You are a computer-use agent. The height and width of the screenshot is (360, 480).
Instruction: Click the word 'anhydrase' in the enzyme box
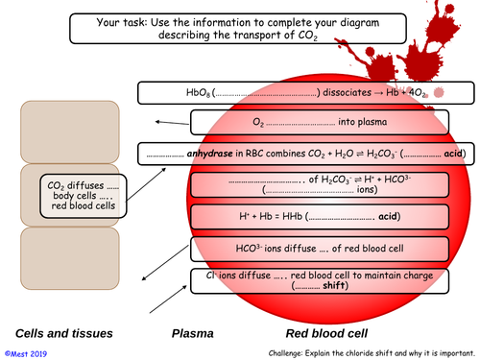tap(209, 154)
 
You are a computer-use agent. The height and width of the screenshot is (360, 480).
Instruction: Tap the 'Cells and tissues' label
tap(64, 333)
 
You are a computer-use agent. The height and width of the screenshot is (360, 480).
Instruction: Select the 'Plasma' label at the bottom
tap(193, 333)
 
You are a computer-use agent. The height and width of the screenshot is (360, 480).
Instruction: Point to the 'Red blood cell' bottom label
tap(326, 333)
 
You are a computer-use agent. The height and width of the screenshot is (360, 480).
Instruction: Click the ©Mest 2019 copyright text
tap(26, 354)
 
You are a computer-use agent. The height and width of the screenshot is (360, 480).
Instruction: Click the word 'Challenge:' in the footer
tap(285, 353)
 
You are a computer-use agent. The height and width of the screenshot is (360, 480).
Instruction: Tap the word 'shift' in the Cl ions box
tap(334, 285)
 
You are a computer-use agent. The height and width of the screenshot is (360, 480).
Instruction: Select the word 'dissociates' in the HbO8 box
tap(347, 92)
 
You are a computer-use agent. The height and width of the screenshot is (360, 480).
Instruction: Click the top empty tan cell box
tap(70, 132)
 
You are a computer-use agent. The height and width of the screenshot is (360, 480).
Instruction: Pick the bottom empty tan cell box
tap(70, 258)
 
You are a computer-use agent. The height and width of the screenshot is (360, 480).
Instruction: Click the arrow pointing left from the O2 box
tap(172, 123)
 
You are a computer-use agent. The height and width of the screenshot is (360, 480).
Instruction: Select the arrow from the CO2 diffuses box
tap(146, 184)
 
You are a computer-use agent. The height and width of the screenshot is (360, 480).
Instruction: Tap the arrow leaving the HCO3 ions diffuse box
tap(165, 263)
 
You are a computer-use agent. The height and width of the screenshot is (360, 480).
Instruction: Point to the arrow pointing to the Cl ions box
tap(168, 299)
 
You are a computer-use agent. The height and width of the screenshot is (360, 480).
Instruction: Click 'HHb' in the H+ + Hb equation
tap(293, 216)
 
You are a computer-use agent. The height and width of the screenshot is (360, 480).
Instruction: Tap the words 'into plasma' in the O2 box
tap(363, 122)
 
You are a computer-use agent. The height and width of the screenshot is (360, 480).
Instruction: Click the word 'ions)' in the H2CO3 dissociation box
tap(367, 189)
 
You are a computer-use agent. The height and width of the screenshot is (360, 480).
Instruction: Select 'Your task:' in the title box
tap(122, 22)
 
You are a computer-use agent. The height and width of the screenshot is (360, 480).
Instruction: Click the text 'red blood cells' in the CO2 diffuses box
tap(84, 205)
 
